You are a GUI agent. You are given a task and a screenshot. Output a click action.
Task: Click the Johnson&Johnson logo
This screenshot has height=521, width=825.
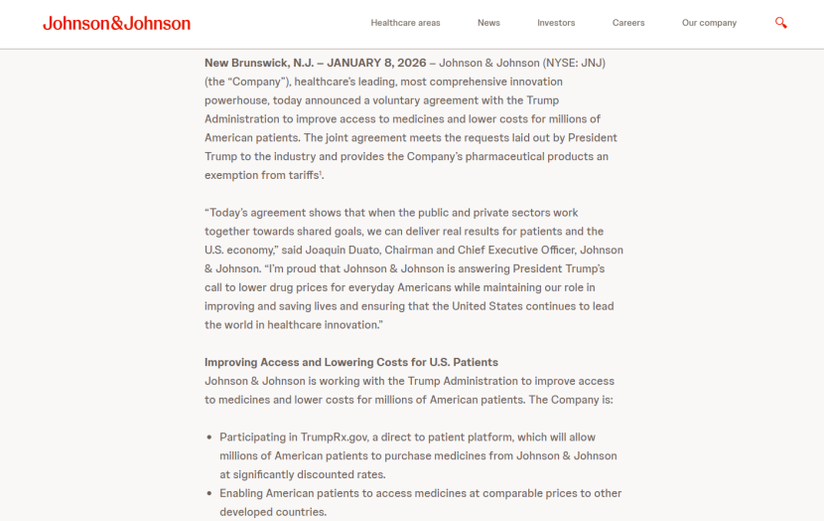click(x=116, y=23)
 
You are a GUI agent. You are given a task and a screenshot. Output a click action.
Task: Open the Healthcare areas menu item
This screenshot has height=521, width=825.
click(x=405, y=23)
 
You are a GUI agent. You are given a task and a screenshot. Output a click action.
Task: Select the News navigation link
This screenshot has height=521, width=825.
click(x=488, y=23)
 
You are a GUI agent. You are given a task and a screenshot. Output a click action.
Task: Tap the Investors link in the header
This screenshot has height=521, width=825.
click(x=556, y=23)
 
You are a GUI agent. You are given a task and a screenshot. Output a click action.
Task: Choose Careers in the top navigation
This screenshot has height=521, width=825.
click(x=628, y=23)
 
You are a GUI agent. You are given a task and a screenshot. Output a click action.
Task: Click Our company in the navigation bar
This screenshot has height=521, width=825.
click(x=709, y=23)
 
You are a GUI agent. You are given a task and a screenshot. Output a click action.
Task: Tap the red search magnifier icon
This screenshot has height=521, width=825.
click(x=781, y=23)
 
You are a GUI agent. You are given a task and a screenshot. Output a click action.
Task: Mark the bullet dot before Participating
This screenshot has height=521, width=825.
click(x=209, y=436)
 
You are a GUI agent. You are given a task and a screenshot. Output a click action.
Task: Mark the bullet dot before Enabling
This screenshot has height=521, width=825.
click(x=209, y=493)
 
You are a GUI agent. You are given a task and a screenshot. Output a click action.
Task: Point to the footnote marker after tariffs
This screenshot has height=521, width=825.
click(x=322, y=173)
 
